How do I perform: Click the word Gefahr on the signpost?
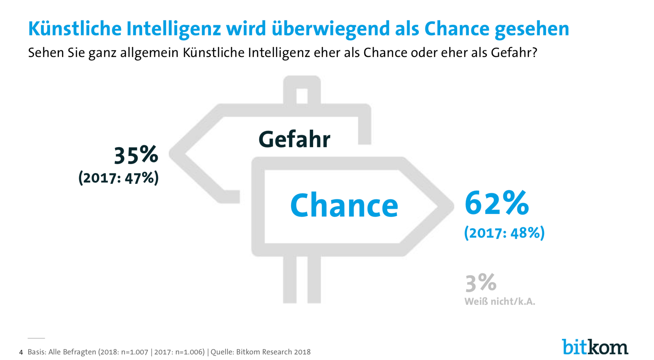coord(294,139)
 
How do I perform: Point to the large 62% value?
coord(497,203)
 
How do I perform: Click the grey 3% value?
coord(481,282)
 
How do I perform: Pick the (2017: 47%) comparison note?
coord(119,178)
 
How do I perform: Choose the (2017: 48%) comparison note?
coord(504,233)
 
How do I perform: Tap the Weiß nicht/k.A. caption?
coord(500,302)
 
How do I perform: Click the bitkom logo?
coord(595,347)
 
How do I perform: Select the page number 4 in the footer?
coord(21,352)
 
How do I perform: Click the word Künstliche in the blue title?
coord(75,29)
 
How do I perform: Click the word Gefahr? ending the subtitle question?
coord(514,53)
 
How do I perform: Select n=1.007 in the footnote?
coord(135,352)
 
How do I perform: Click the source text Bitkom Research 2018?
coord(273,352)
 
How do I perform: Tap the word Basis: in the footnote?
coord(37,352)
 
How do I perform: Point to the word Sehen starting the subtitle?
coord(46,53)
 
